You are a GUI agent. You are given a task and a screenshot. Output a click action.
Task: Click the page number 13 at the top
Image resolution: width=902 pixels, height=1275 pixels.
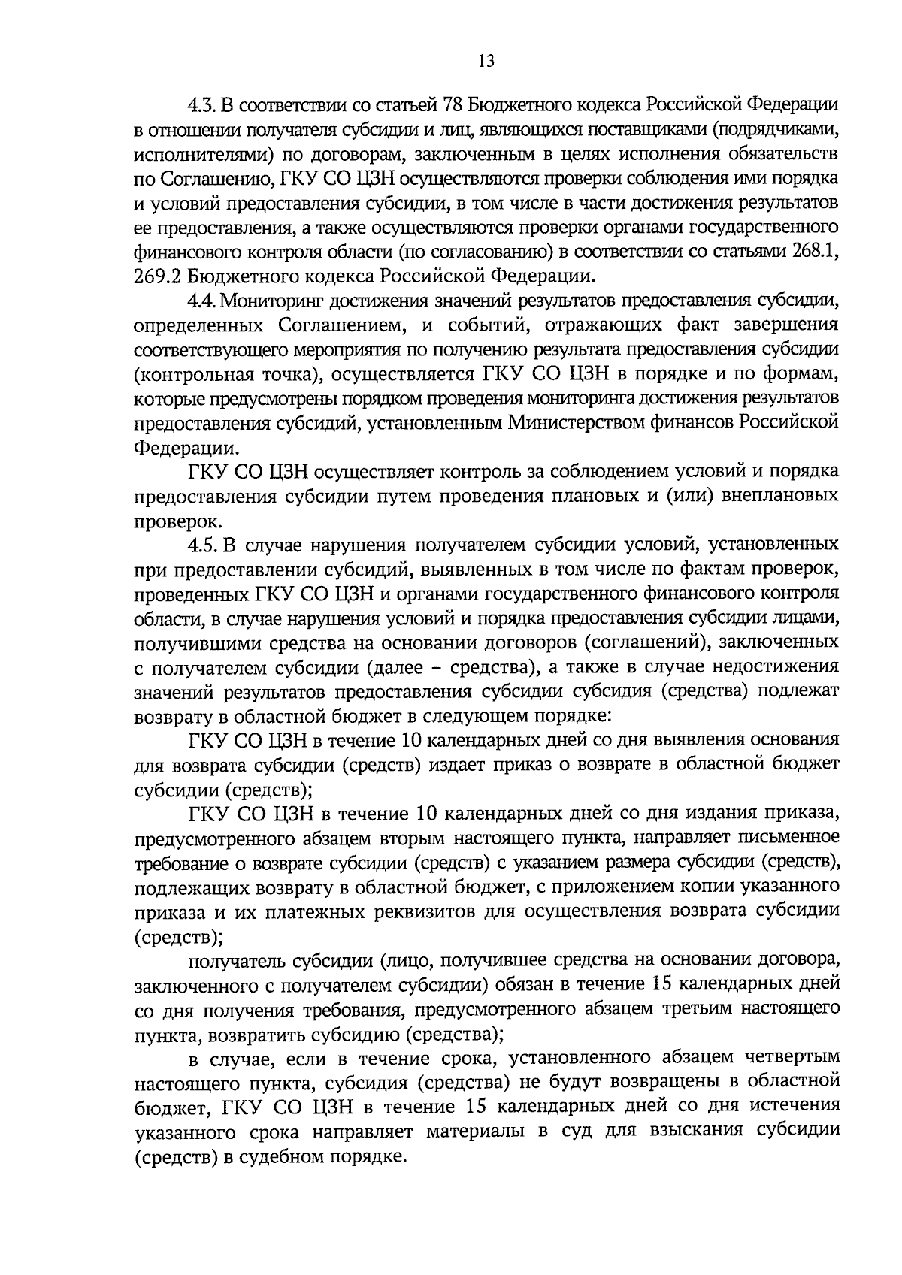tap(486, 62)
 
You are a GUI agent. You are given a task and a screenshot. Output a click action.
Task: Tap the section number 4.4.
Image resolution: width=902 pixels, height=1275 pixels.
tap(203, 301)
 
